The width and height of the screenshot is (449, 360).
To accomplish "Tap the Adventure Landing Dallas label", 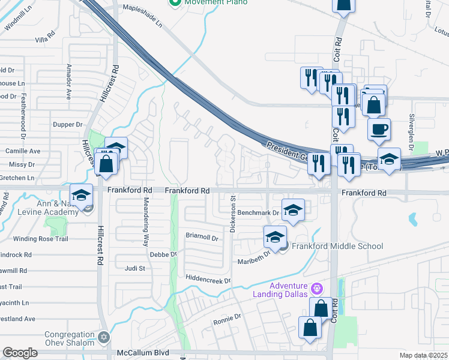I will pyautogui.click(x=289, y=289).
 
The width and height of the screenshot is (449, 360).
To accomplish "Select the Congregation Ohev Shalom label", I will pyautogui.click(x=70, y=338).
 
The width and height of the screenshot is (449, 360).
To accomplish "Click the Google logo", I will pyautogui.click(x=20, y=353).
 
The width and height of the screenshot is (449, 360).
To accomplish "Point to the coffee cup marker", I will pyautogui.click(x=379, y=129).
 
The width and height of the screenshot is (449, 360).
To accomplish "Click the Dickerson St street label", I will pyautogui.click(x=232, y=214).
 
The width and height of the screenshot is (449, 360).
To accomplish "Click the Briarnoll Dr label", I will pyautogui.click(x=201, y=237).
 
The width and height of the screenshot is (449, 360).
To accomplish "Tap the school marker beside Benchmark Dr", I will pyautogui.click(x=292, y=210).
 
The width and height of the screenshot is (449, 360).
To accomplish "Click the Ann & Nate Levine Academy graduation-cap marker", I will pyautogui.click(x=81, y=194).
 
